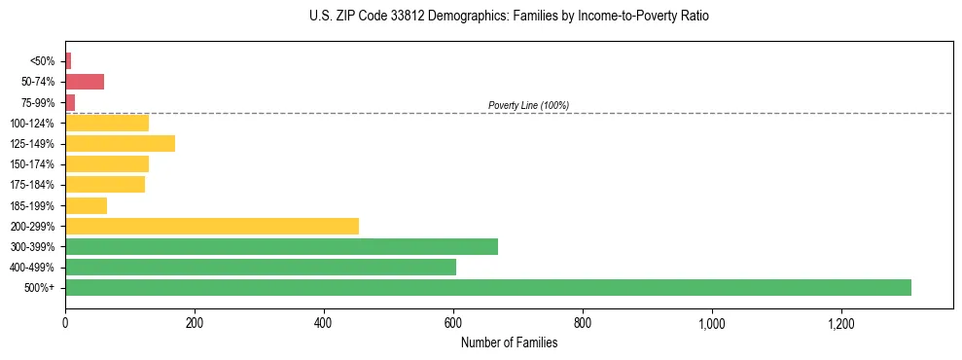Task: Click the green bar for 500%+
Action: click(487, 287)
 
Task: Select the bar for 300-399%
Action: click(281, 246)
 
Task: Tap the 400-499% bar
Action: click(260, 267)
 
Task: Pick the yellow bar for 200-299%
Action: click(211, 226)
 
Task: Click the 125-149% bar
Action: click(120, 143)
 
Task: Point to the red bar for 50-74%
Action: click(85, 82)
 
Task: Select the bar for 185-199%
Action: click(86, 205)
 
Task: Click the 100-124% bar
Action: click(107, 123)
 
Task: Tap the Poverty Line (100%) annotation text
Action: click(528, 105)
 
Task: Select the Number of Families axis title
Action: click(509, 342)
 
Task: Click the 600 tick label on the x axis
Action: click(453, 322)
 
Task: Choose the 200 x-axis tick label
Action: click(195, 322)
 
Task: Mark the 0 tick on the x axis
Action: click(65, 322)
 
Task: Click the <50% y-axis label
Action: click(43, 61)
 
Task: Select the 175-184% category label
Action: click(32, 185)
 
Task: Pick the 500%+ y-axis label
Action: click(40, 288)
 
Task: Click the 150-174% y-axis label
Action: click(32, 164)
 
